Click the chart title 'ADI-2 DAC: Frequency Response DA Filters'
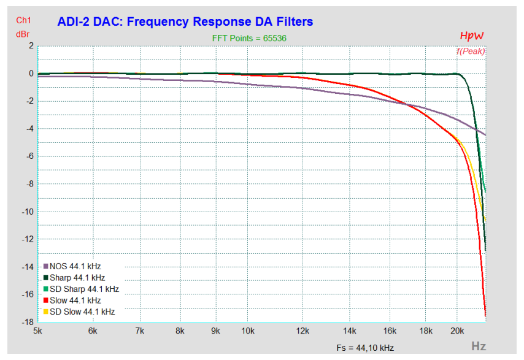(x=185, y=21)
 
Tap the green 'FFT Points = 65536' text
(x=249, y=38)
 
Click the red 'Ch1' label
(x=23, y=21)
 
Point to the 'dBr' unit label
(x=23, y=33)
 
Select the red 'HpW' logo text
(x=472, y=36)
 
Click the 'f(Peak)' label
(x=470, y=51)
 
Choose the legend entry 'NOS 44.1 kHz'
(x=75, y=267)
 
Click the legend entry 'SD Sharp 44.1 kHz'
(x=84, y=289)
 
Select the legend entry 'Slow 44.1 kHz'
(x=75, y=301)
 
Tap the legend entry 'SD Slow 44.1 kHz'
(x=82, y=312)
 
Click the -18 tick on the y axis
(x=27, y=322)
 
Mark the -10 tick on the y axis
(x=27, y=212)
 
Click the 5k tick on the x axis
(x=37, y=332)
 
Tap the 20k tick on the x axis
(x=457, y=332)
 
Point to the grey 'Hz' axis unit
(x=479, y=347)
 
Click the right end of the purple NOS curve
(x=485, y=135)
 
